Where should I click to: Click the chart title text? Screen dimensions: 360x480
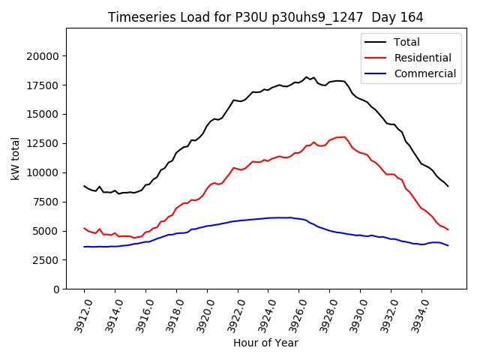(265, 17)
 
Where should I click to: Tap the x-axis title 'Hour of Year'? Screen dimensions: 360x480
(265, 343)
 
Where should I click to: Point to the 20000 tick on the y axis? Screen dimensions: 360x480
(43, 56)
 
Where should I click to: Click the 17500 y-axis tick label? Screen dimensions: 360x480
(43, 85)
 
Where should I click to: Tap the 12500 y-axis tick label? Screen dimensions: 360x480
(43, 144)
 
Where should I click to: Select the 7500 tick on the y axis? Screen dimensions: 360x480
(46, 202)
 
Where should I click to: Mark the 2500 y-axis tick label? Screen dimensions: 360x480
(46, 260)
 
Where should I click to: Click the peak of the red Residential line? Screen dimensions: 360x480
(343, 136)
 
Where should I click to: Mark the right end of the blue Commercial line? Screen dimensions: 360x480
(448, 246)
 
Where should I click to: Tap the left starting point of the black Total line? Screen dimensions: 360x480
(84, 186)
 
